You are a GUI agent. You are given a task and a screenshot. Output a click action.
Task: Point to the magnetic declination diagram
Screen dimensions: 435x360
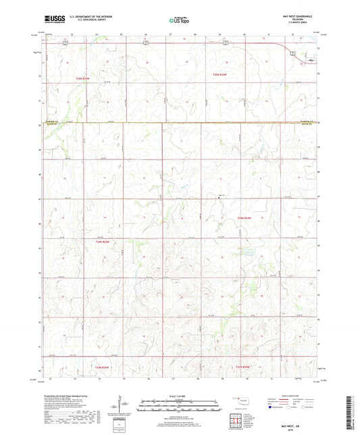[122, 407]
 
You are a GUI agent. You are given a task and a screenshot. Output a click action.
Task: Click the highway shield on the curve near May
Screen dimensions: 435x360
[292, 53]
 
